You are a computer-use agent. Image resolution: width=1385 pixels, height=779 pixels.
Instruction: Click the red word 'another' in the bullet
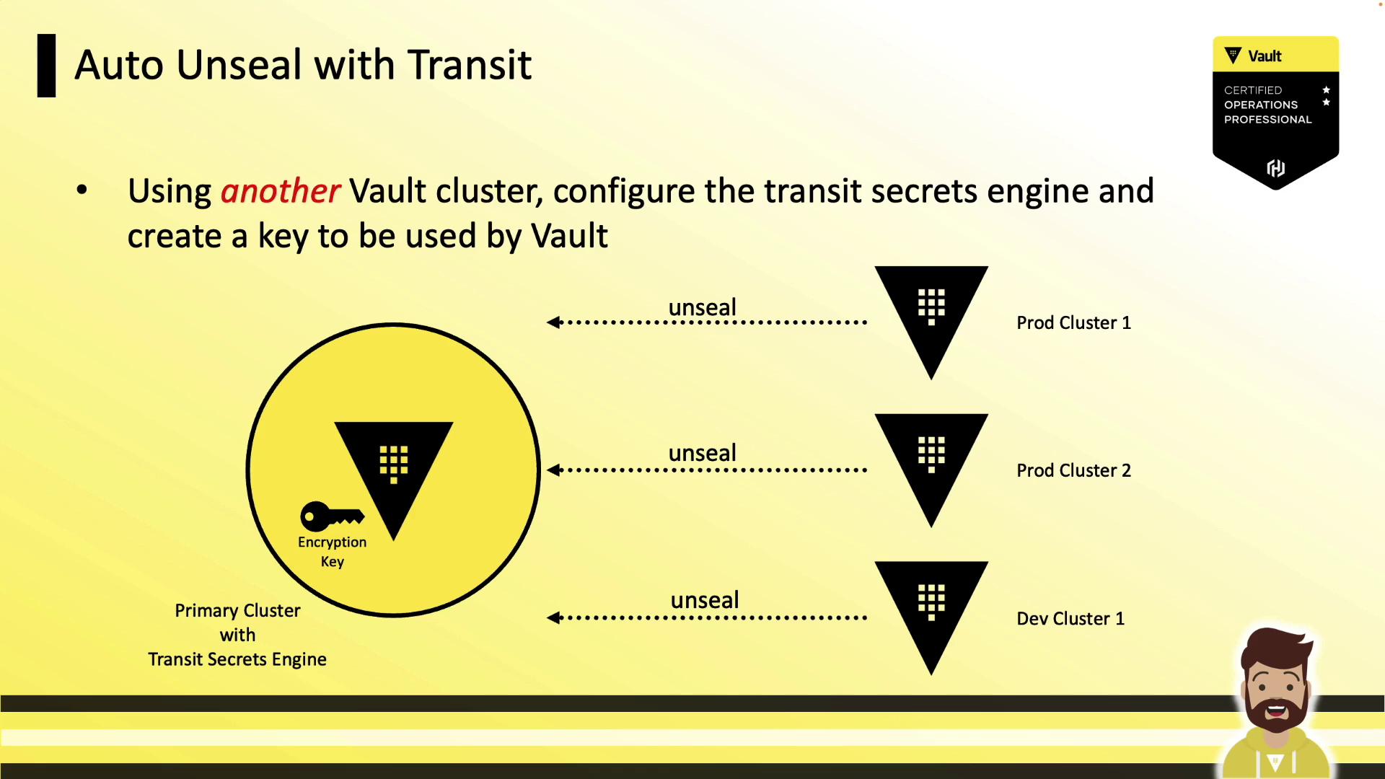tap(280, 191)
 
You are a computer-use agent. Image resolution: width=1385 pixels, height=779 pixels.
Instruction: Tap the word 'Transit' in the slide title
tap(470, 65)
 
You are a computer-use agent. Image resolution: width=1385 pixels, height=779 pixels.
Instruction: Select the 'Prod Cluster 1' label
tap(1073, 322)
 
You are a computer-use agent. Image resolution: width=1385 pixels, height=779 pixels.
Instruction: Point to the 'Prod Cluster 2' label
tap(1073, 470)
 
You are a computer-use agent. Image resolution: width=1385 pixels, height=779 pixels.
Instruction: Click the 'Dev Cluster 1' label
tap(1070, 618)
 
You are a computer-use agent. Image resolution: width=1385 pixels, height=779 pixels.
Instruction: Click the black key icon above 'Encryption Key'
tap(332, 516)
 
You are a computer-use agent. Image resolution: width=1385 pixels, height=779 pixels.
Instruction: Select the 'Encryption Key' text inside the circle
tap(332, 552)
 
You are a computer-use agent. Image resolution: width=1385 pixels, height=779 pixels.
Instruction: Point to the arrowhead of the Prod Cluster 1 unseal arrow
tap(553, 322)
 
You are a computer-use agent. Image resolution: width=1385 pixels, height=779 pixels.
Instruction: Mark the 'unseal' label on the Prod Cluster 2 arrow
tap(703, 453)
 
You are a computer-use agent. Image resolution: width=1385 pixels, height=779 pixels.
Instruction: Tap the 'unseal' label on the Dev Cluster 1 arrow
tap(705, 600)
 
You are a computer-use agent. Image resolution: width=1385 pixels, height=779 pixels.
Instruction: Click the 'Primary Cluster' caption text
tap(237, 611)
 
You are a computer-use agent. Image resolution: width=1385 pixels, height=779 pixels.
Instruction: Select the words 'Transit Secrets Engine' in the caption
tap(237, 659)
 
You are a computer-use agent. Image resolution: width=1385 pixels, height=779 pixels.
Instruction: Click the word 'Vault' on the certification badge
tap(1265, 56)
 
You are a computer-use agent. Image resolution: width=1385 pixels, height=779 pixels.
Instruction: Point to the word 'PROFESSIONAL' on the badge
tap(1267, 120)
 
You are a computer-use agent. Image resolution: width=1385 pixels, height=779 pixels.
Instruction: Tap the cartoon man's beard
tap(1276, 710)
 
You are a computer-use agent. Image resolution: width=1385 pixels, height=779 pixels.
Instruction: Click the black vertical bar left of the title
tap(46, 66)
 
